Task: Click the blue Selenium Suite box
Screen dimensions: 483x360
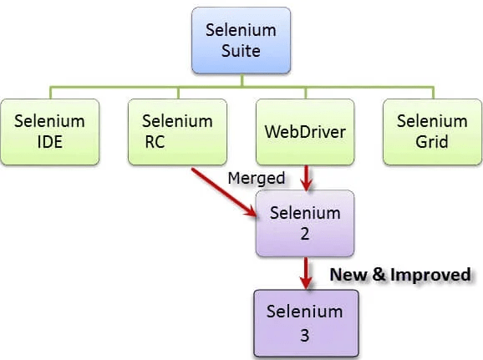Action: tap(241, 40)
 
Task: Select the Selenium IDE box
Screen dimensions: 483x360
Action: tap(50, 132)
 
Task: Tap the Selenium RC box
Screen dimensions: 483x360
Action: tap(177, 132)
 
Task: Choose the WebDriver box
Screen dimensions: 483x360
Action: tap(305, 132)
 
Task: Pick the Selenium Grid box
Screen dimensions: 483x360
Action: tap(432, 132)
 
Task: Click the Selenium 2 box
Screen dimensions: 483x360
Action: tap(305, 223)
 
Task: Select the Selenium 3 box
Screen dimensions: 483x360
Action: tap(306, 323)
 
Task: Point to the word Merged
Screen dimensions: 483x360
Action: tap(257, 178)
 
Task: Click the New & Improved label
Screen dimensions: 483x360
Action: tap(400, 275)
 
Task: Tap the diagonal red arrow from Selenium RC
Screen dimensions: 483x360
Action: tap(224, 192)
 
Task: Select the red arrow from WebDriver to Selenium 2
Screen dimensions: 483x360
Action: tap(306, 178)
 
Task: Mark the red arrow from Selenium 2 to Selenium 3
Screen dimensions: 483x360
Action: tap(306, 273)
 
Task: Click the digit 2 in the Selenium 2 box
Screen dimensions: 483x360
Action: tap(305, 234)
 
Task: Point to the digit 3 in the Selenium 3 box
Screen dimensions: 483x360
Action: tap(305, 335)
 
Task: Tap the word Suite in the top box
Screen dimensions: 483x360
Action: tap(241, 51)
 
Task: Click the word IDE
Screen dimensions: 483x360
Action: tap(50, 142)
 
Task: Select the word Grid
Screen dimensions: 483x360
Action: tap(432, 142)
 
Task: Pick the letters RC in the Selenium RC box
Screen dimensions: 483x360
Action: tap(155, 142)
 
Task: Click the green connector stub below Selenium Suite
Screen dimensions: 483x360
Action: tap(242, 80)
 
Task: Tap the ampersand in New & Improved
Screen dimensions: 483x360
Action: tap(379, 274)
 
